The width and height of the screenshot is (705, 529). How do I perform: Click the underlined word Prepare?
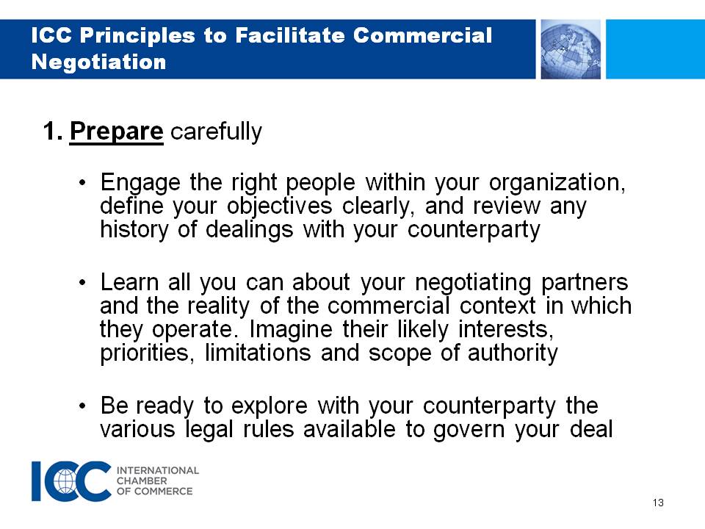[117, 132]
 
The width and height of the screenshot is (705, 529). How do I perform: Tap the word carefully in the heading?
[216, 132]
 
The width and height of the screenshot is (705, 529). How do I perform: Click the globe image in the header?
[571, 49]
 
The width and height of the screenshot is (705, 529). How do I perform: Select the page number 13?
[658, 503]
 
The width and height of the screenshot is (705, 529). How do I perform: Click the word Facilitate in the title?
[289, 35]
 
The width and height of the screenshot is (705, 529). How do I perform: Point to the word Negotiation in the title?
[99, 62]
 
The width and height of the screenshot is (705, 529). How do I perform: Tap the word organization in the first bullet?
[557, 183]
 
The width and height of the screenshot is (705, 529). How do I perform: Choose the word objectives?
[279, 206]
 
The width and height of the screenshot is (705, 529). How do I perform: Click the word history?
[134, 230]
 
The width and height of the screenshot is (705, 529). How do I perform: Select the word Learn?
[129, 282]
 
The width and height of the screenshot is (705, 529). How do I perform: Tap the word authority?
[513, 353]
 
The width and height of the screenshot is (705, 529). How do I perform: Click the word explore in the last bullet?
[270, 406]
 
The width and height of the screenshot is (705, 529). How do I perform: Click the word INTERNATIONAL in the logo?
[158, 470]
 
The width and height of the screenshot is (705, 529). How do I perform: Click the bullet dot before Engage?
[82, 183]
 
